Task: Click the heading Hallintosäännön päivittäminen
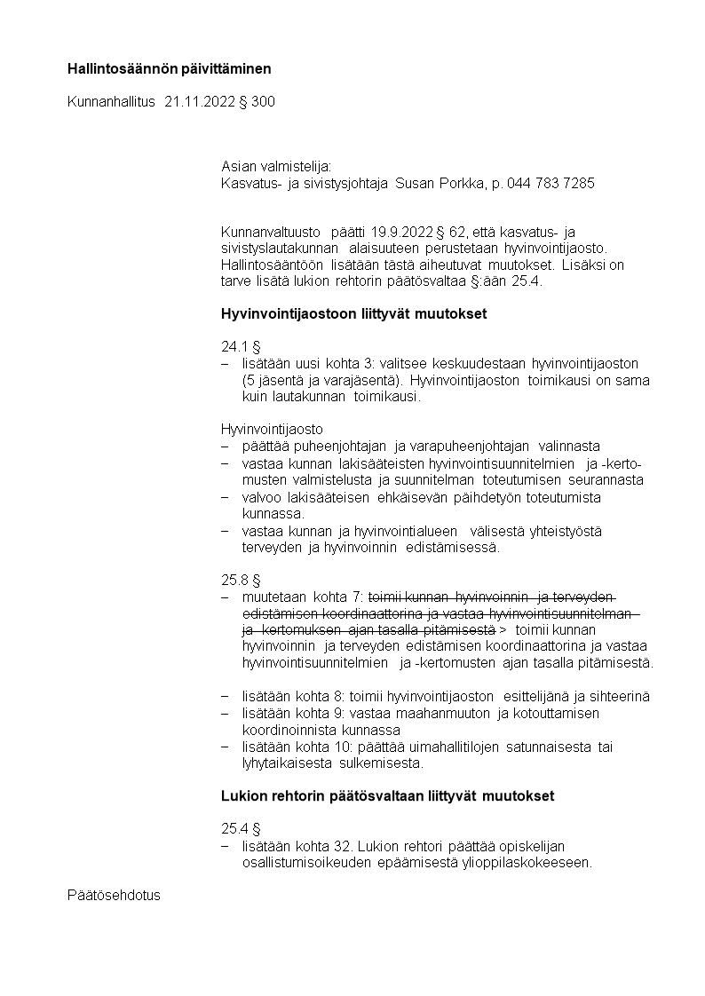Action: pyautogui.click(x=169, y=68)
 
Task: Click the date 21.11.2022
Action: pyautogui.click(x=200, y=102)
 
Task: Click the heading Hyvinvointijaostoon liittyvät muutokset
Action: pyautogui.click(x=353, y=313)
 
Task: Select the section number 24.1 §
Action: pyautogui.click(x=239, y=347)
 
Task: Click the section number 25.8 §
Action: pyautogui.click(x=240, y=580)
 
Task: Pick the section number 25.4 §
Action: pyautogui.click(x=240, y=829)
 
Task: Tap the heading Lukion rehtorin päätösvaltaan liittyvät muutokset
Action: pyautogui.click(x=387, y=796)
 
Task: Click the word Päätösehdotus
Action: pyautogui.click(x=114, y=895)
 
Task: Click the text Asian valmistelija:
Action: pyautogui.click(x=275, y=166)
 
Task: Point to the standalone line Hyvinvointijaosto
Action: pyautogui.click(x=272, y=429)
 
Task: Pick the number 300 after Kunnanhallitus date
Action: pyautogui.click(x=263, y=102)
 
